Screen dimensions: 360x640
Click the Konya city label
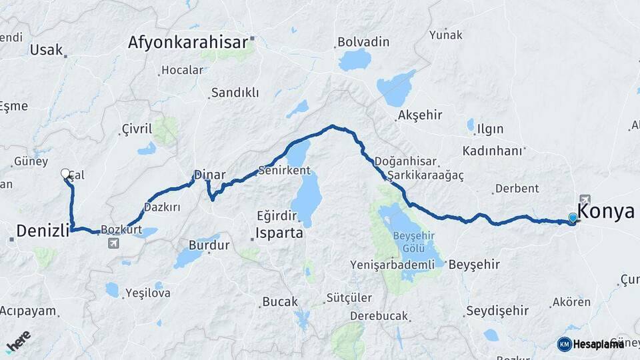(605, 211)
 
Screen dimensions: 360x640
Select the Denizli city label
(43, 231)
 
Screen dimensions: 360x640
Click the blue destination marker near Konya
(573, 217)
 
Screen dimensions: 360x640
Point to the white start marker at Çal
(65, 173)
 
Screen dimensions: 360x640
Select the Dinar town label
(210, 175)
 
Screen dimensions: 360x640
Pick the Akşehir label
(420, 115)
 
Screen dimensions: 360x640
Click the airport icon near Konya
(585, 199)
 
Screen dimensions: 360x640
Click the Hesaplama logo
(590, 344)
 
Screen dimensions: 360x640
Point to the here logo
(19, 341)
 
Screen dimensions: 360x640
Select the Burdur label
(209, 245)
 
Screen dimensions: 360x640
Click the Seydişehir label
(497, 311)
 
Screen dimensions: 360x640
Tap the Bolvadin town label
(363, 42)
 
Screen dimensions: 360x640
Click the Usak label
(47, 49)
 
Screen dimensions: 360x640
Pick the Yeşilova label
(148, 293)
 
